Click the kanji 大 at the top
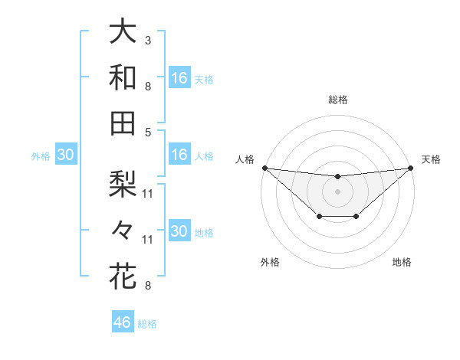(x=123, y=33)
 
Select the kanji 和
(x=123, y=78)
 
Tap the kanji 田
(x=123, y=123)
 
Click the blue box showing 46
(x=123, y=322)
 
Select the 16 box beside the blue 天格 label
(x=179, y=78)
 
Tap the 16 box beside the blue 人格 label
(x=179, y=155)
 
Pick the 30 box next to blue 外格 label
(x=65, y=155)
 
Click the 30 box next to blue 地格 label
(x=179, y=231)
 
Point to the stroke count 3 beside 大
(x=147, y=40)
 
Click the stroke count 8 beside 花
(x=147, y=286)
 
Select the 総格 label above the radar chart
(x=337, y=100)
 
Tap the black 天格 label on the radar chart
(x=431, y=159)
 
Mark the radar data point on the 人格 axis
(x=264, y=168)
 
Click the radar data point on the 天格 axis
(x=410, y=168)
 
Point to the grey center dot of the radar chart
(x=337, y=191)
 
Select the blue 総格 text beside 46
(x=147, y=324)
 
